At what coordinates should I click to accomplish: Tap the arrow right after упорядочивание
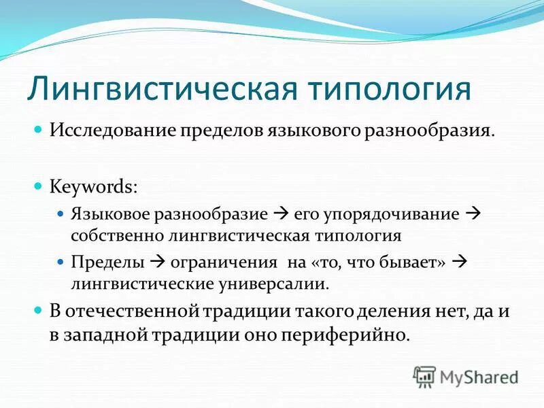pyautogui.click(x=473, y=214)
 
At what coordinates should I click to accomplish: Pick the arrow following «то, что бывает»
pyautogui.click(x=458, y=262)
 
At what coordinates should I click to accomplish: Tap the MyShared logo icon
pyautogui.click(x=425, y=376)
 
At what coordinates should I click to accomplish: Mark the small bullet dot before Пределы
pyautogui.click(x=59, y=262)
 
